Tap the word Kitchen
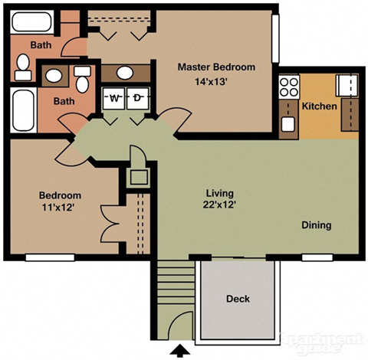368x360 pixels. [x=319, y=106]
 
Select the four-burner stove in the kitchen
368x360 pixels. [x=289, y=87]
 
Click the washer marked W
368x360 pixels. [x=114, y=98]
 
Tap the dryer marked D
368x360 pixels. [x=137, y=98]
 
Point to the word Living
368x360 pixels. [x=219, y=193]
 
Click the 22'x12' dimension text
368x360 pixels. [x=219, y=205]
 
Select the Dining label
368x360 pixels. [x=316, y=225]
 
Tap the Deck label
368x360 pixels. [x=238, y=299]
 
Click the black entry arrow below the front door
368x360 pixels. [x=181, y=351]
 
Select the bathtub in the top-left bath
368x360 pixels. [x=33, y=21]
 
